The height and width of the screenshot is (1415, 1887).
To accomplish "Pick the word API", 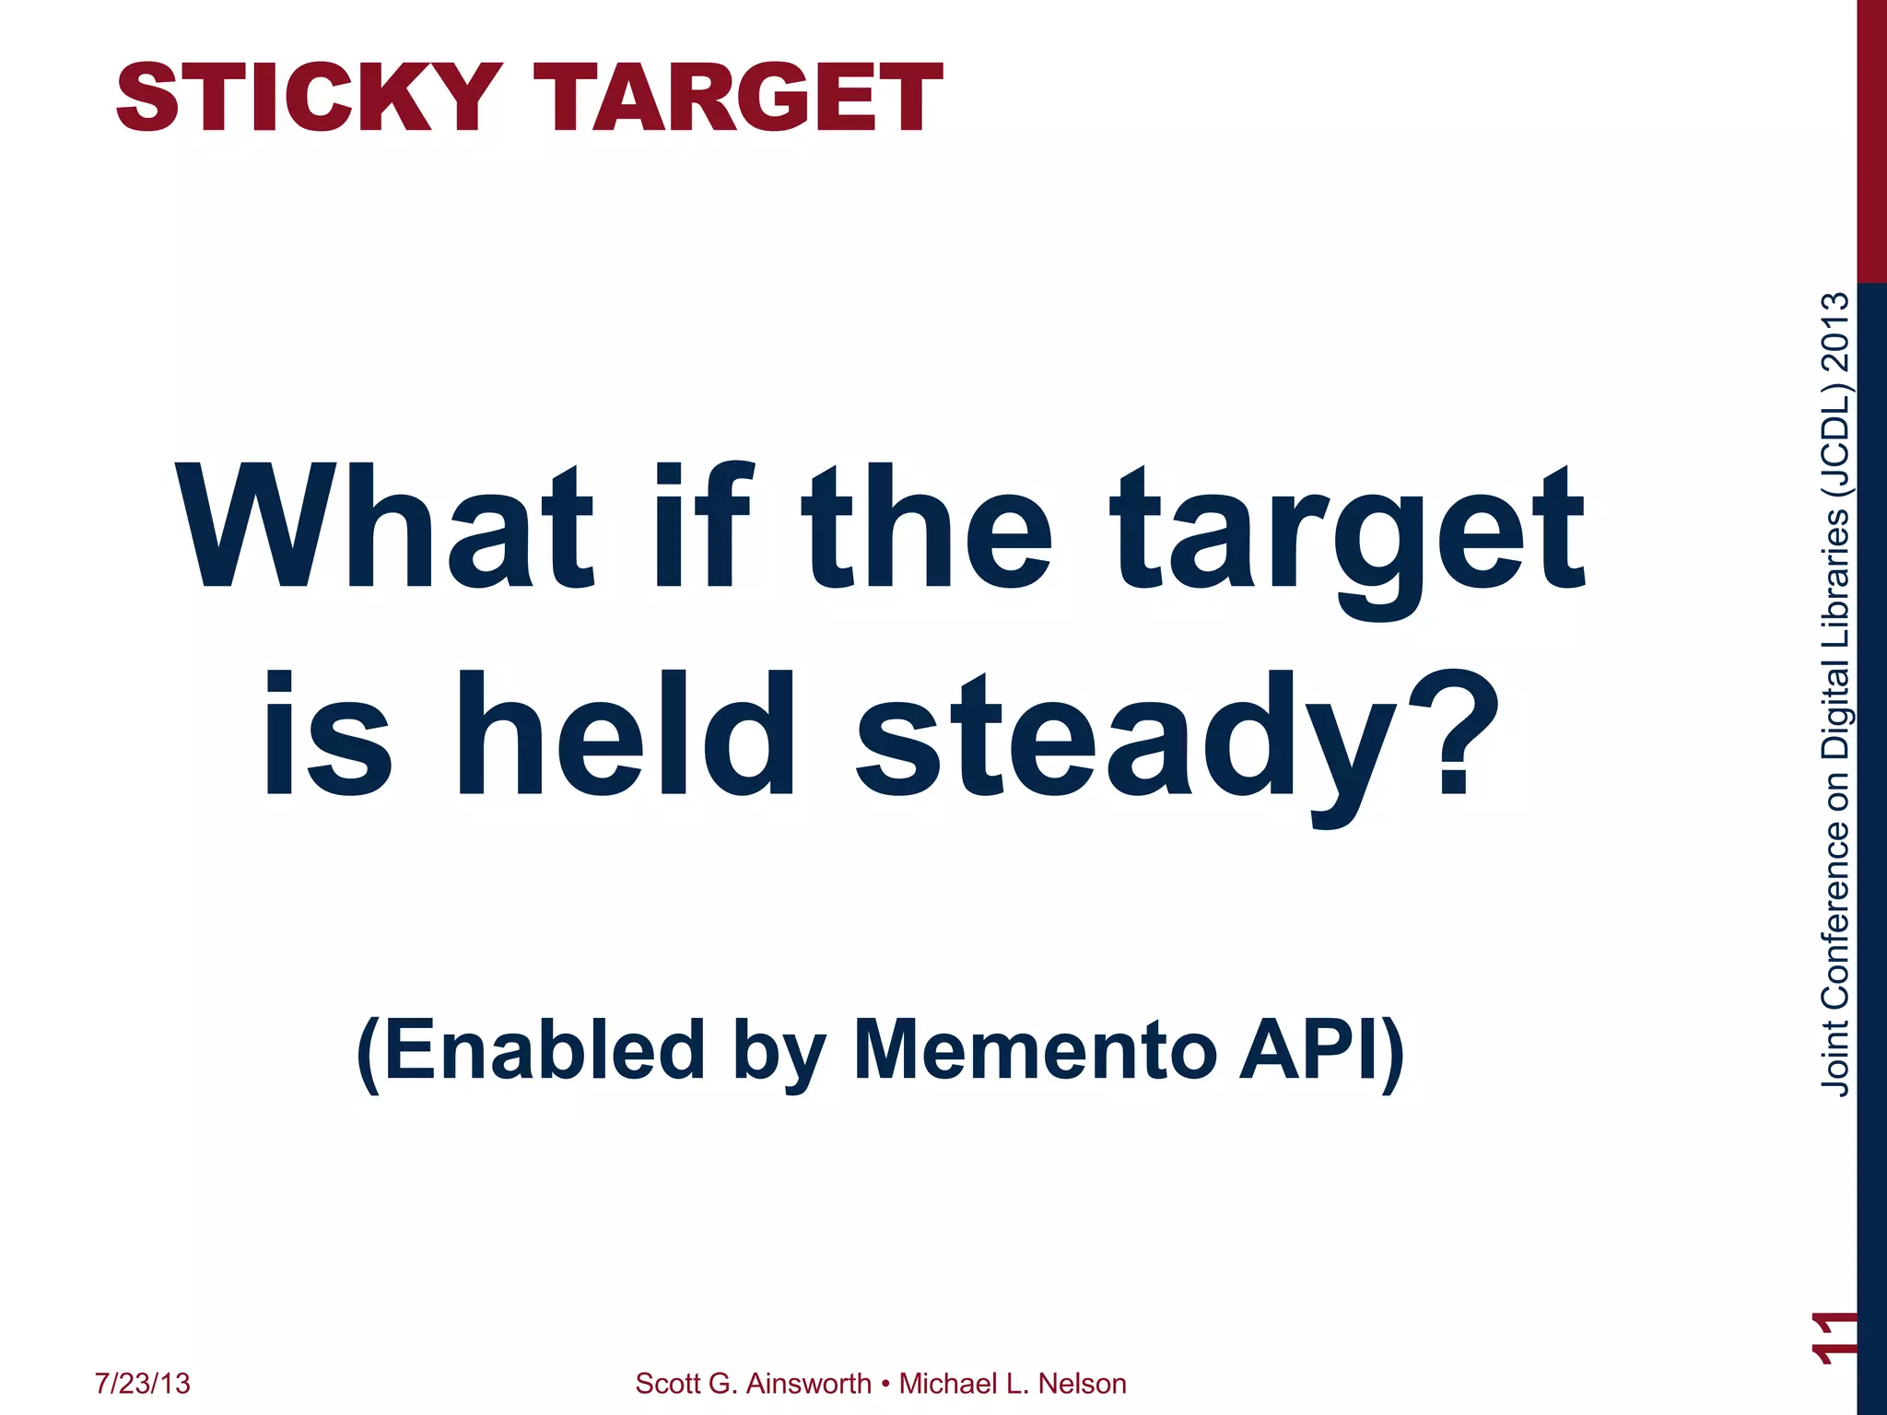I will pos(1308,1050).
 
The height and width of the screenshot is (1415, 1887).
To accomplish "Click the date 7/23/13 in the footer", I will pos(143,1384).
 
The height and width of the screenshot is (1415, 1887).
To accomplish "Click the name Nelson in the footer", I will pos(1082,1384).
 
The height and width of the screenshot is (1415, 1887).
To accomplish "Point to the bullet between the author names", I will pos(885,1384).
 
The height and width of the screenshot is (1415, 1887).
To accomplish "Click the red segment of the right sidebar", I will pos(1871,138).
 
